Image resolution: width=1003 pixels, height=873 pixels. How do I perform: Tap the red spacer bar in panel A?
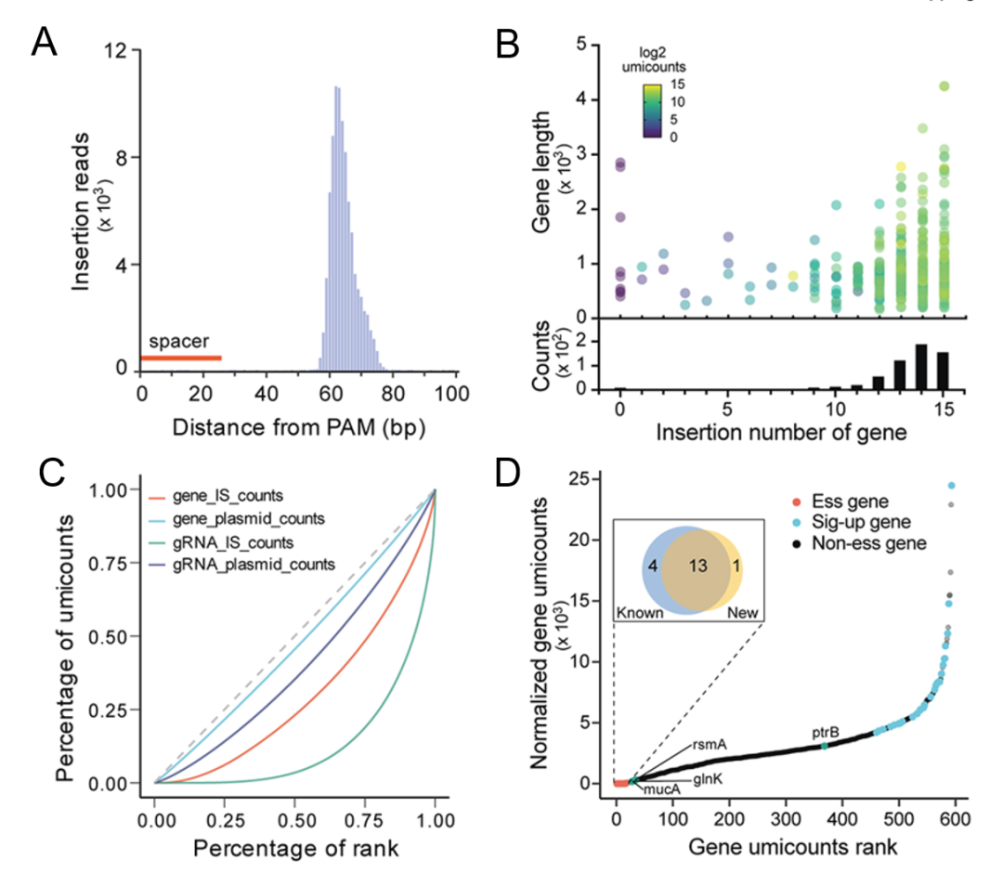180,358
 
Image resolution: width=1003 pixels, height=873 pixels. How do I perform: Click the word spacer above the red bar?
179,342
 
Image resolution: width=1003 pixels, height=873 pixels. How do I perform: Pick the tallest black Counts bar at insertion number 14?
921,367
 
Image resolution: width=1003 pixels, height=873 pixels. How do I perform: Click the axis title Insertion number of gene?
782,433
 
